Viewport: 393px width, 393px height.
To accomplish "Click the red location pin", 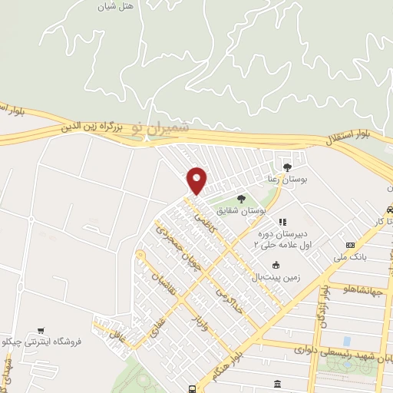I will [x=197, y=180].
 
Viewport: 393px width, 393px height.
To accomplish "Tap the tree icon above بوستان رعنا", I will [x=287, y=167].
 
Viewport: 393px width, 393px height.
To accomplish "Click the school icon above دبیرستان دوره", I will [x=282, y=222].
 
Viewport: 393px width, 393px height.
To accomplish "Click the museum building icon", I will [x=276, y=382].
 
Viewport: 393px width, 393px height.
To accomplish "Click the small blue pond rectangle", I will [x=347, y=340].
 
